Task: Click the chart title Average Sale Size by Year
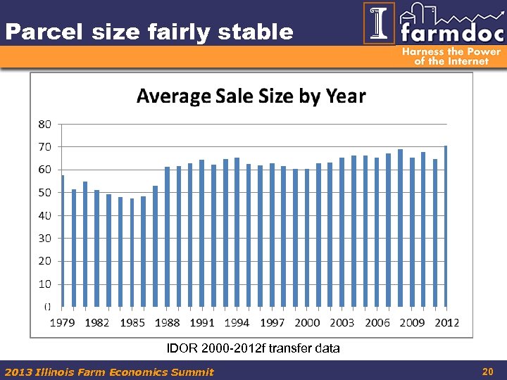(251, 96)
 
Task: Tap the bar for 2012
(446, 226)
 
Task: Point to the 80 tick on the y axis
(44, 124)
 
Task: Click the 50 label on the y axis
(44, 192)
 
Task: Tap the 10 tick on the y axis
(44, 284)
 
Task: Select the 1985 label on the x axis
(132, 322)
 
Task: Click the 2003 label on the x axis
(342, 322)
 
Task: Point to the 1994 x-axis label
(237, 322)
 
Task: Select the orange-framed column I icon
(379, 23)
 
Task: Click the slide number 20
(487, 371)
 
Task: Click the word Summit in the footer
(194, 372)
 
